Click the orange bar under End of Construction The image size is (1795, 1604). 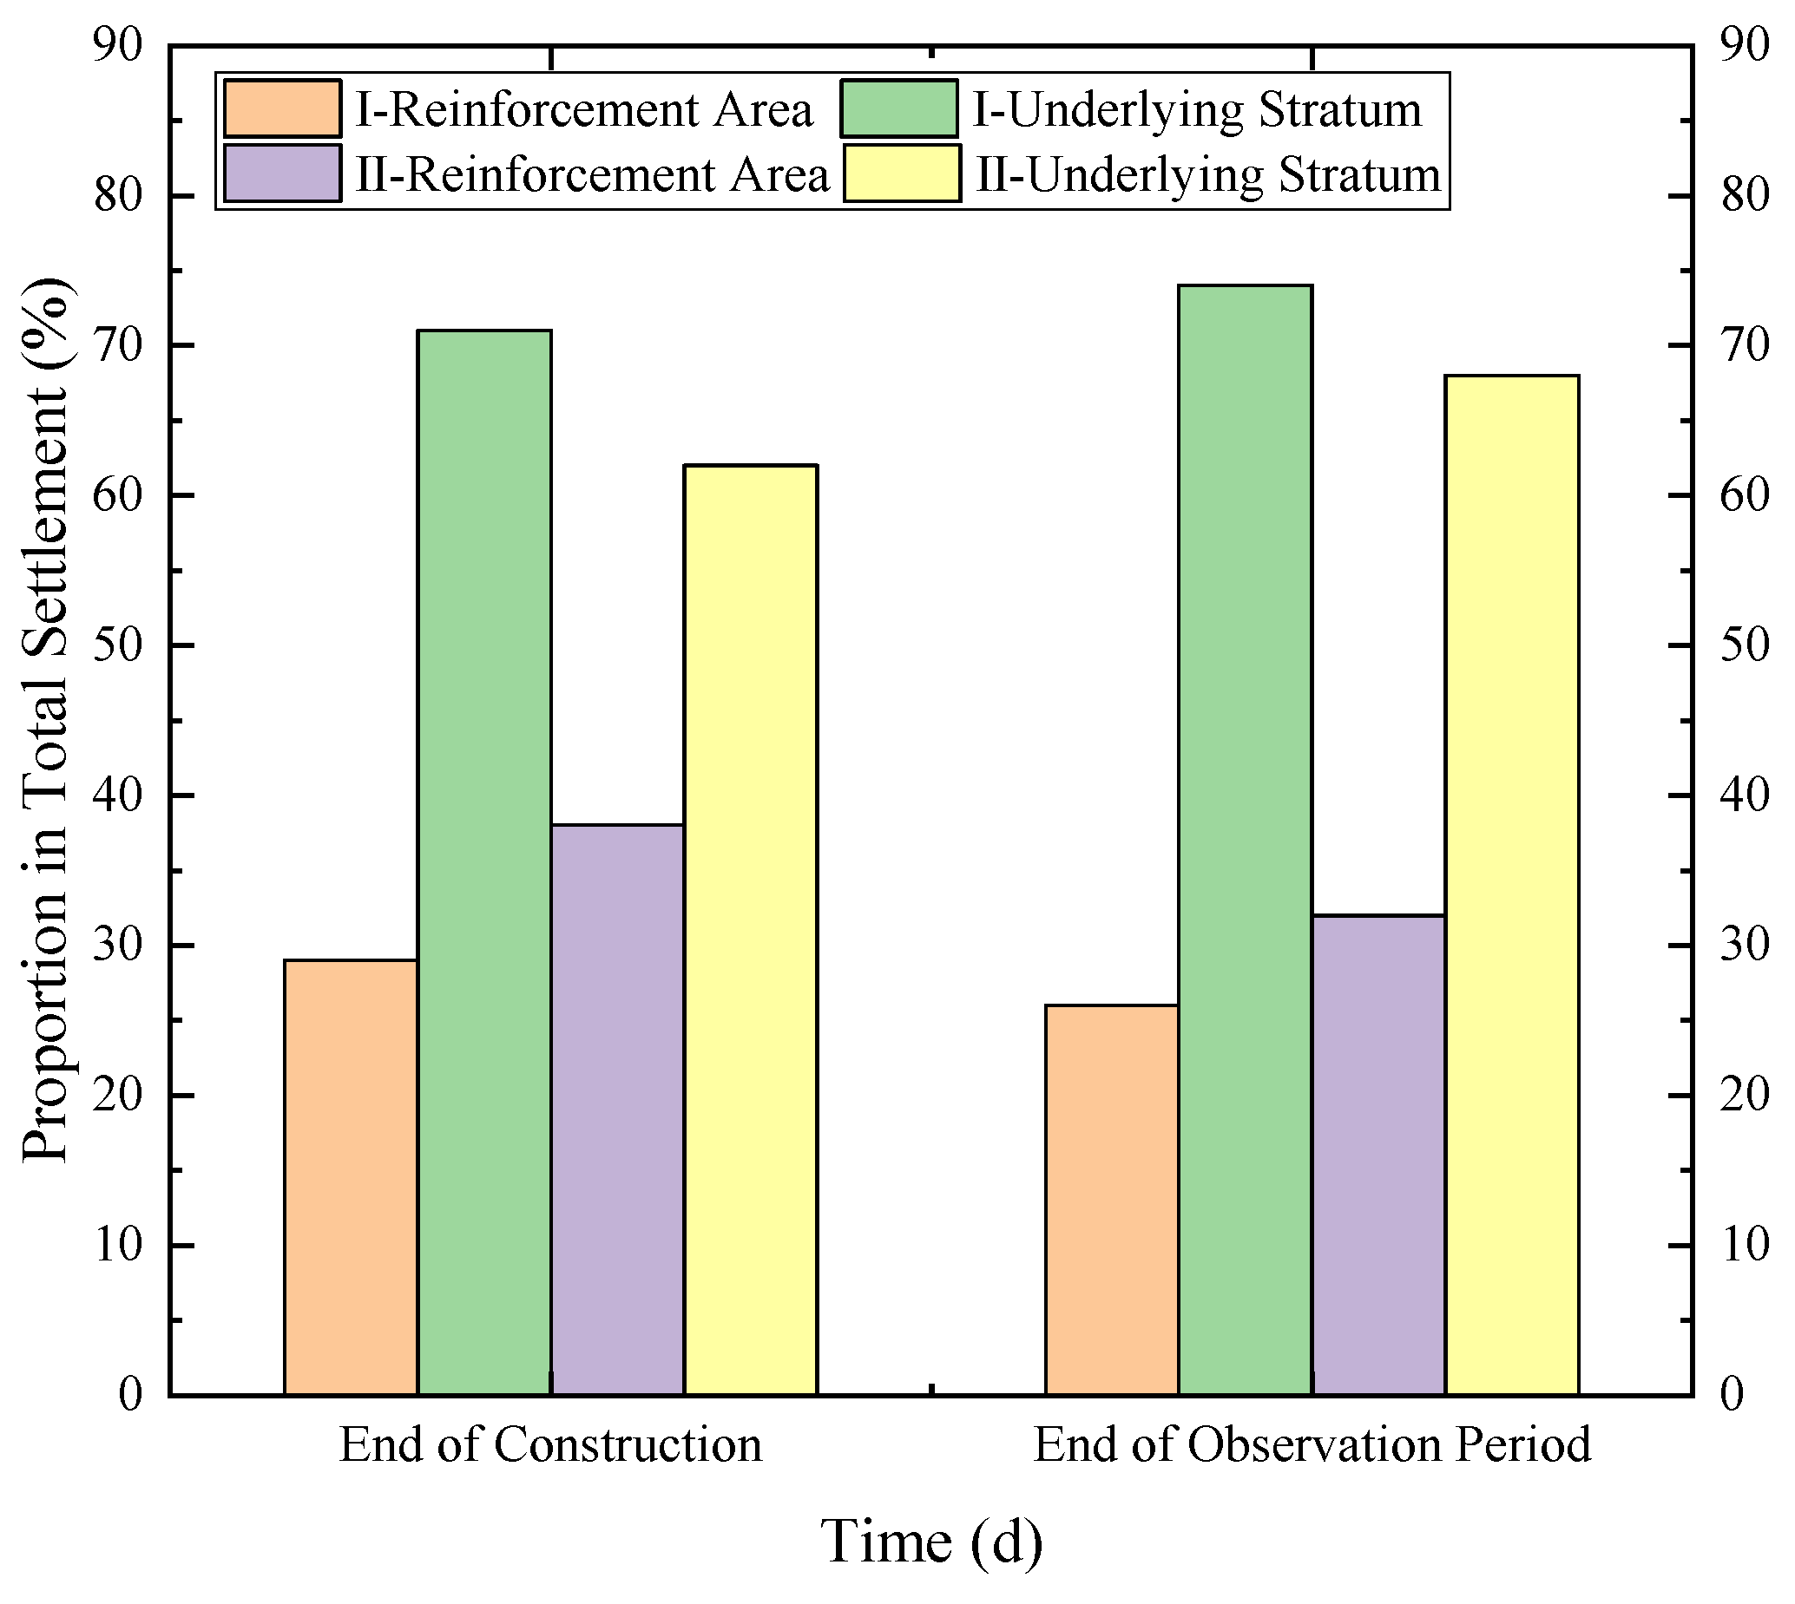pos(351,1176)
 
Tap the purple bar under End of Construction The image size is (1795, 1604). pos(617,1110)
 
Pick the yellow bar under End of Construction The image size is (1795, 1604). pos(750,930)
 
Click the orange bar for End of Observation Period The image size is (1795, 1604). pos(1112,1200)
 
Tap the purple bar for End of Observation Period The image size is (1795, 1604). pos(1378,1155)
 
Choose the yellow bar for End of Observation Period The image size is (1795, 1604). pos(1511,885)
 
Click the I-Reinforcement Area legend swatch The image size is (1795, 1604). pos(282,108)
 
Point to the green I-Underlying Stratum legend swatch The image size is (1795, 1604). pos(898,108)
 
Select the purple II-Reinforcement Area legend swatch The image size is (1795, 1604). pos(282,173)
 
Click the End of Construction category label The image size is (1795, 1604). pos(550,1445)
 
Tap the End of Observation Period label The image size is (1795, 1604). pos(1312,1445)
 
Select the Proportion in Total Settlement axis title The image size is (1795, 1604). pos(46,719)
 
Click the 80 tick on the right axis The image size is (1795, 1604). pos(1745,196)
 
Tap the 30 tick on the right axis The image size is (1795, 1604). pos(1745,946)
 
